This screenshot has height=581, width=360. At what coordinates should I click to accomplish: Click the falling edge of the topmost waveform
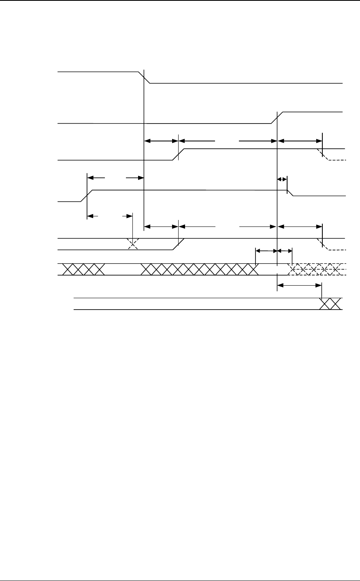pyautogui.click(x=145, y=77)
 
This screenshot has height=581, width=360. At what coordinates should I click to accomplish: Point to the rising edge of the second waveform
pyautogui.click(x=277, y=117)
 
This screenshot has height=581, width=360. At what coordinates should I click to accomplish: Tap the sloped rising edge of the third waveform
pyautogui.click(x=179, y=154)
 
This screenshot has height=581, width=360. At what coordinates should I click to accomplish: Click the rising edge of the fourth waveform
pyautogui.click(x=87, y=195)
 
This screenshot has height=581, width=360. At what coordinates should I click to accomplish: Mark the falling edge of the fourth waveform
pyautogui.click(x=290, y=193)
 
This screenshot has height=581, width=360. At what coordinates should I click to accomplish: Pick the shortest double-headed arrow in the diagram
pyautogui.click(x=282, y=179)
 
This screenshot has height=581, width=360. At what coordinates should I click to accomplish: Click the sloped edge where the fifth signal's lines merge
pyautogui.click(x=179, y=244)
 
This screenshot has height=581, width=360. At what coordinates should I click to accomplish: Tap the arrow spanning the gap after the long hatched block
pyautogui.click(x=266, y=251)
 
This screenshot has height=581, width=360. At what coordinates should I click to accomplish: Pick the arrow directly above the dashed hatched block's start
pyautogui.click(x=285, y=251)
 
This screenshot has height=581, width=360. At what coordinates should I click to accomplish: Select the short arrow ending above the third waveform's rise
pyautogui.click(x=161, y=141)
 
